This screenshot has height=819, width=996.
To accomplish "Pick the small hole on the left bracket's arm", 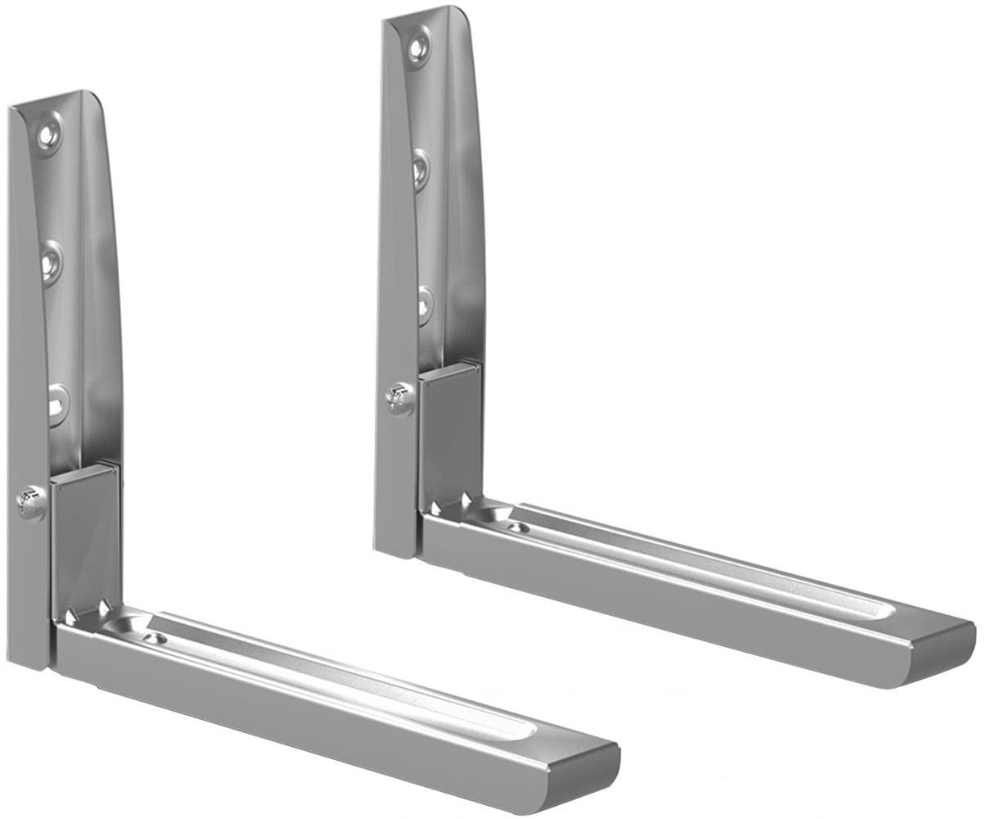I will pyautogui.click(x=151, y=636).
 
